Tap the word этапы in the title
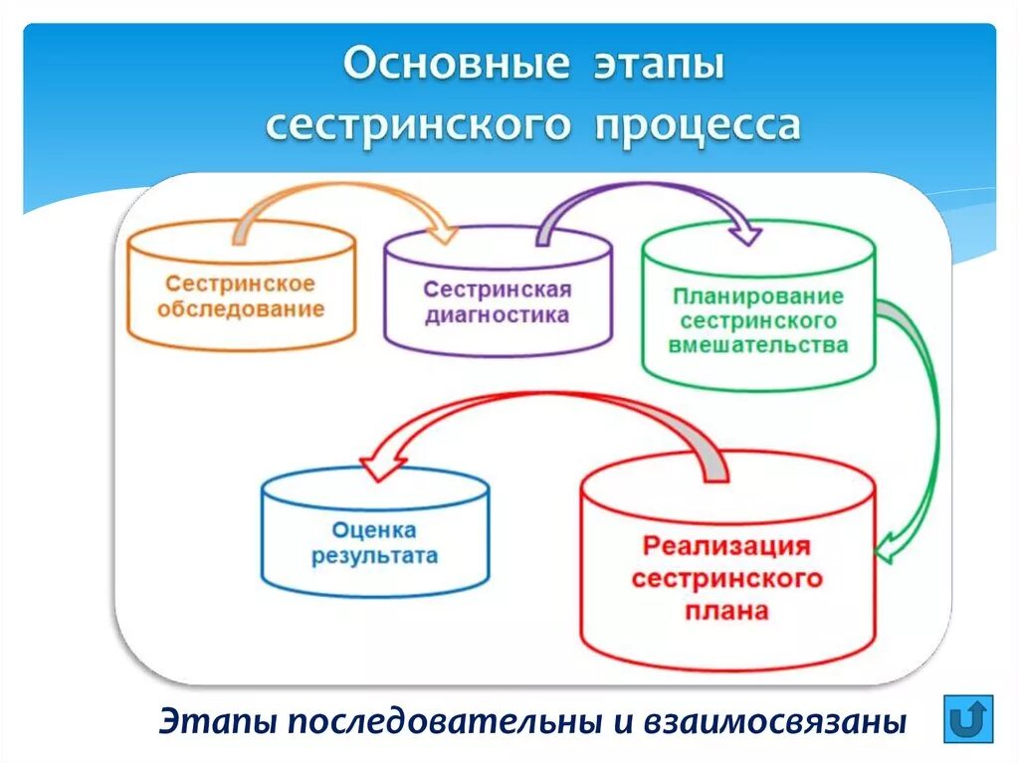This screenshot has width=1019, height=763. coord(662,66)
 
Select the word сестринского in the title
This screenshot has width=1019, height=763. coord(418,126)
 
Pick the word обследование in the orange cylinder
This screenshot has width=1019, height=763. coord(241,308)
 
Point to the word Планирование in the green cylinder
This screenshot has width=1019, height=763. coord(758,296)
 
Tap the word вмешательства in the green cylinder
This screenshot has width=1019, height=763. coord(758,346)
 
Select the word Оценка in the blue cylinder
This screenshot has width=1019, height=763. coord(374,530)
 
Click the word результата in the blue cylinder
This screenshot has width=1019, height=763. coord(374,556)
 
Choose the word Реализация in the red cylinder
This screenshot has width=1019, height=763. coord(726,546)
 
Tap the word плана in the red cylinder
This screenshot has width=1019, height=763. coord(726,611)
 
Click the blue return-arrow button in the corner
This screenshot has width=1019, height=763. coord(968,717)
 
